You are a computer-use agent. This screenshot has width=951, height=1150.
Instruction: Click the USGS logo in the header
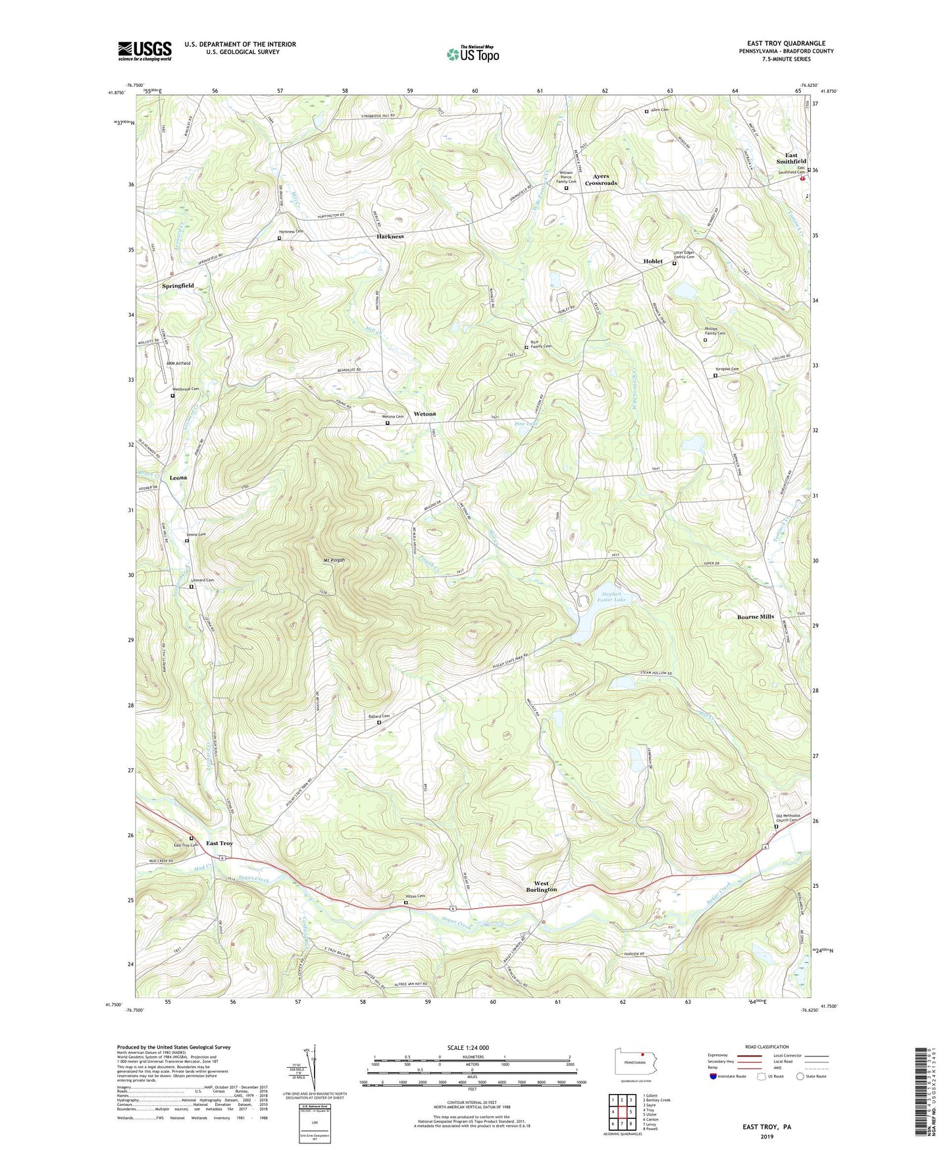[145, 50]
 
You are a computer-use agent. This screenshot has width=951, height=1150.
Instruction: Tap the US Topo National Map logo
[472, 53]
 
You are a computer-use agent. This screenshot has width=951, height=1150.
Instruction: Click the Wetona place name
[424, 414]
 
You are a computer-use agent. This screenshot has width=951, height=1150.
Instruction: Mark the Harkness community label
[390, 236]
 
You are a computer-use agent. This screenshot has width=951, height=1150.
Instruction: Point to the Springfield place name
[178, 286]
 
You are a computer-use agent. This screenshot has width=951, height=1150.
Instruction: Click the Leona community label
[178, 478]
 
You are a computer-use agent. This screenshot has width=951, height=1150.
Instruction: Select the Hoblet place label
[652, 261]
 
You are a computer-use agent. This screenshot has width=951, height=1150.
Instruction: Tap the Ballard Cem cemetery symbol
[378, 723]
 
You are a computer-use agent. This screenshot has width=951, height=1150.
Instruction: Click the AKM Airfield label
[178, 364]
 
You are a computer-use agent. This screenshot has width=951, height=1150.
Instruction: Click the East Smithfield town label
[790, 158]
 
